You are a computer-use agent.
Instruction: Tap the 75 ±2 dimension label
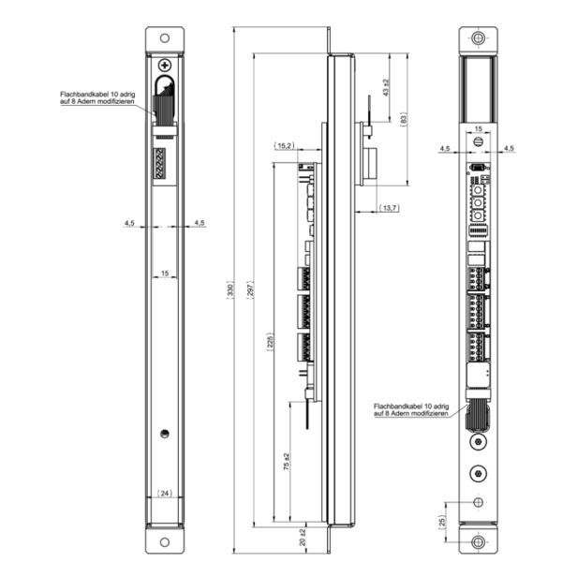point(287,461)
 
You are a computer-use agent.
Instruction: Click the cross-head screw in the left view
point(166,67)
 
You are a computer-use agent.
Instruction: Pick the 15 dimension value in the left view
point(165,274)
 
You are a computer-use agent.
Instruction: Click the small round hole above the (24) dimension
point(165,433)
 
